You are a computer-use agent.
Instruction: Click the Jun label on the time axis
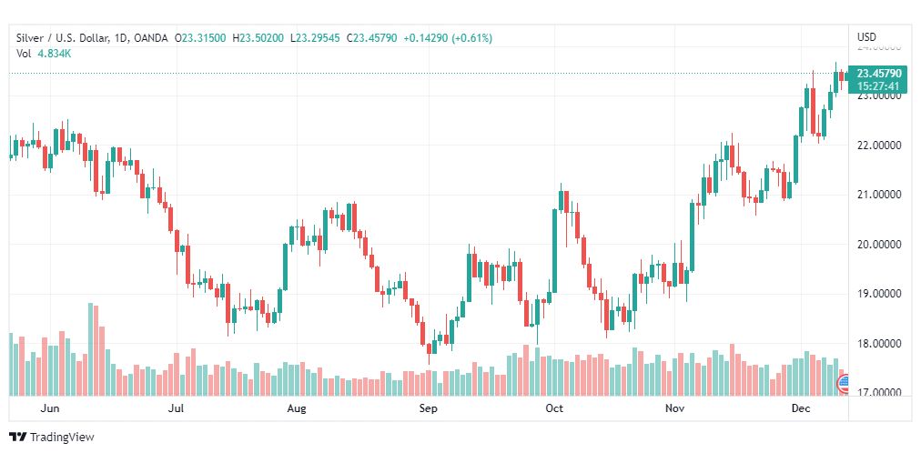tap(51, 408)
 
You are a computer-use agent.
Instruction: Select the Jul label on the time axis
tap(177, 408)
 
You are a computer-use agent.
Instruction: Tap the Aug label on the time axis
tap(297, 408)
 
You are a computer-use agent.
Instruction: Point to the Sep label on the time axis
tap(429, 408)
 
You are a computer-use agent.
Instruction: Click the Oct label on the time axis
tap(554, 408)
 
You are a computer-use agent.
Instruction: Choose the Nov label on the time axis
tap(674, 408)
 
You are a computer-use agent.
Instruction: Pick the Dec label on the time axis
tap(801, 408)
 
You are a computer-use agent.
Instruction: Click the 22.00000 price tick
tap(879, 146)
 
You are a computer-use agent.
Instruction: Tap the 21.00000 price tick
tap(879, 195)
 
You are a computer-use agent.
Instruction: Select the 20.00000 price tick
tap(879, 245)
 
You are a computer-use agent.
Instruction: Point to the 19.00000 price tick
tap(879, 294)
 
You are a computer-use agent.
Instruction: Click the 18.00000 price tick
tap(879, 344)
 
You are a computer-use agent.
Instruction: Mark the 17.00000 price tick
tap(879, 393)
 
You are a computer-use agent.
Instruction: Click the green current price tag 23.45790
tap(879, 74)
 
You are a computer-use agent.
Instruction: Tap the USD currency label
tap(866, 37)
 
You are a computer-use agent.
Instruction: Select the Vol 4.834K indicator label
tap(45, 53)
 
